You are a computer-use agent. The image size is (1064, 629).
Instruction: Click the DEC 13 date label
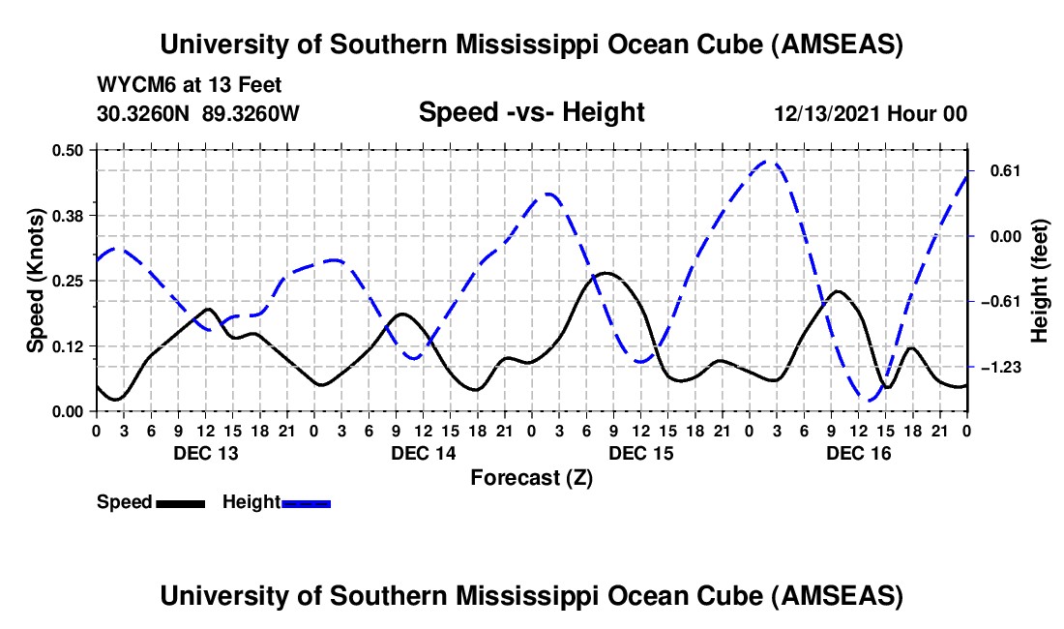tap(205, 453)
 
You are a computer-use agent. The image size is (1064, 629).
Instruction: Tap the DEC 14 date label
tap(423, 453)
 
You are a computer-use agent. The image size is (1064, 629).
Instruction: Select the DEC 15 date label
tap(640, 453)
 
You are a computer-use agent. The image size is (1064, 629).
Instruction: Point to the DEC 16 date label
tap(858, 453)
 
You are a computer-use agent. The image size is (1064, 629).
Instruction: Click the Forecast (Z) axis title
tap(531, 477)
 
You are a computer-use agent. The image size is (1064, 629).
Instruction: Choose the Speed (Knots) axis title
tap(36, 280)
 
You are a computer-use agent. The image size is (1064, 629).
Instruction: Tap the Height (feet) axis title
tap(1040, 281)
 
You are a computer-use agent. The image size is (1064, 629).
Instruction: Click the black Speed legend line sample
tap(179, 502)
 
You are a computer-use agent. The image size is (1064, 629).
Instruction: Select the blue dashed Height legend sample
tap(306, 502)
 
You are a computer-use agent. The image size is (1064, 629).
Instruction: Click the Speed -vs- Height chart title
tap(531, 112)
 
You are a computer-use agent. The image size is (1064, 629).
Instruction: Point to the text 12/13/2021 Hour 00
tap(871, 113)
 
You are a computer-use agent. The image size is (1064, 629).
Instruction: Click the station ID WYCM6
tap(132, 85)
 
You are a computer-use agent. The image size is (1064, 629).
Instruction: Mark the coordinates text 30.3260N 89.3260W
tap(198, 113)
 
